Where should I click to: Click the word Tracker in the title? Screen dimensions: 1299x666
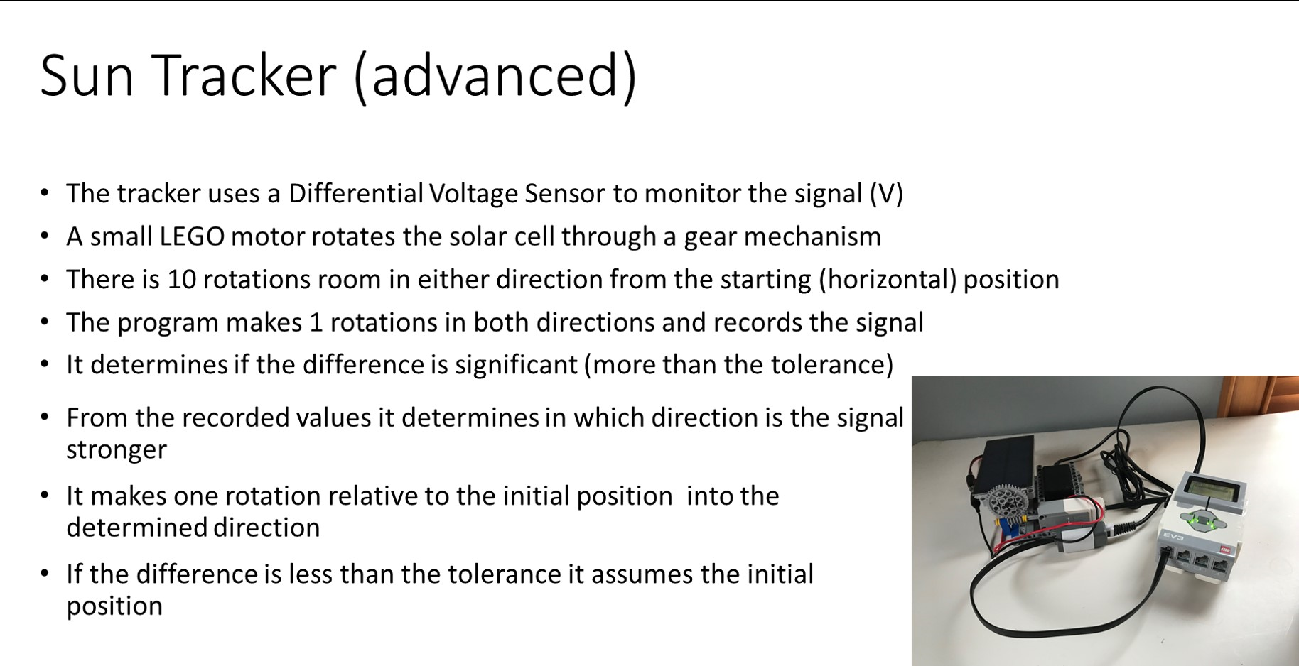(x=244, y=75)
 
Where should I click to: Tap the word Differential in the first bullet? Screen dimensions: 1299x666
(x=356, y=193)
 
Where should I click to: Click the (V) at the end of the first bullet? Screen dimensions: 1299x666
(x=886, y=194)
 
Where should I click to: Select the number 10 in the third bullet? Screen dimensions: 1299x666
(x=182, y=280)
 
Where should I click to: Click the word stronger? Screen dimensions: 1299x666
(x=117, y=450)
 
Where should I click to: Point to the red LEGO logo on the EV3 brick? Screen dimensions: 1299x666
(x=1225, y=550)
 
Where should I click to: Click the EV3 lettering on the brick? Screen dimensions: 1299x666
(x=1173, y=538)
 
